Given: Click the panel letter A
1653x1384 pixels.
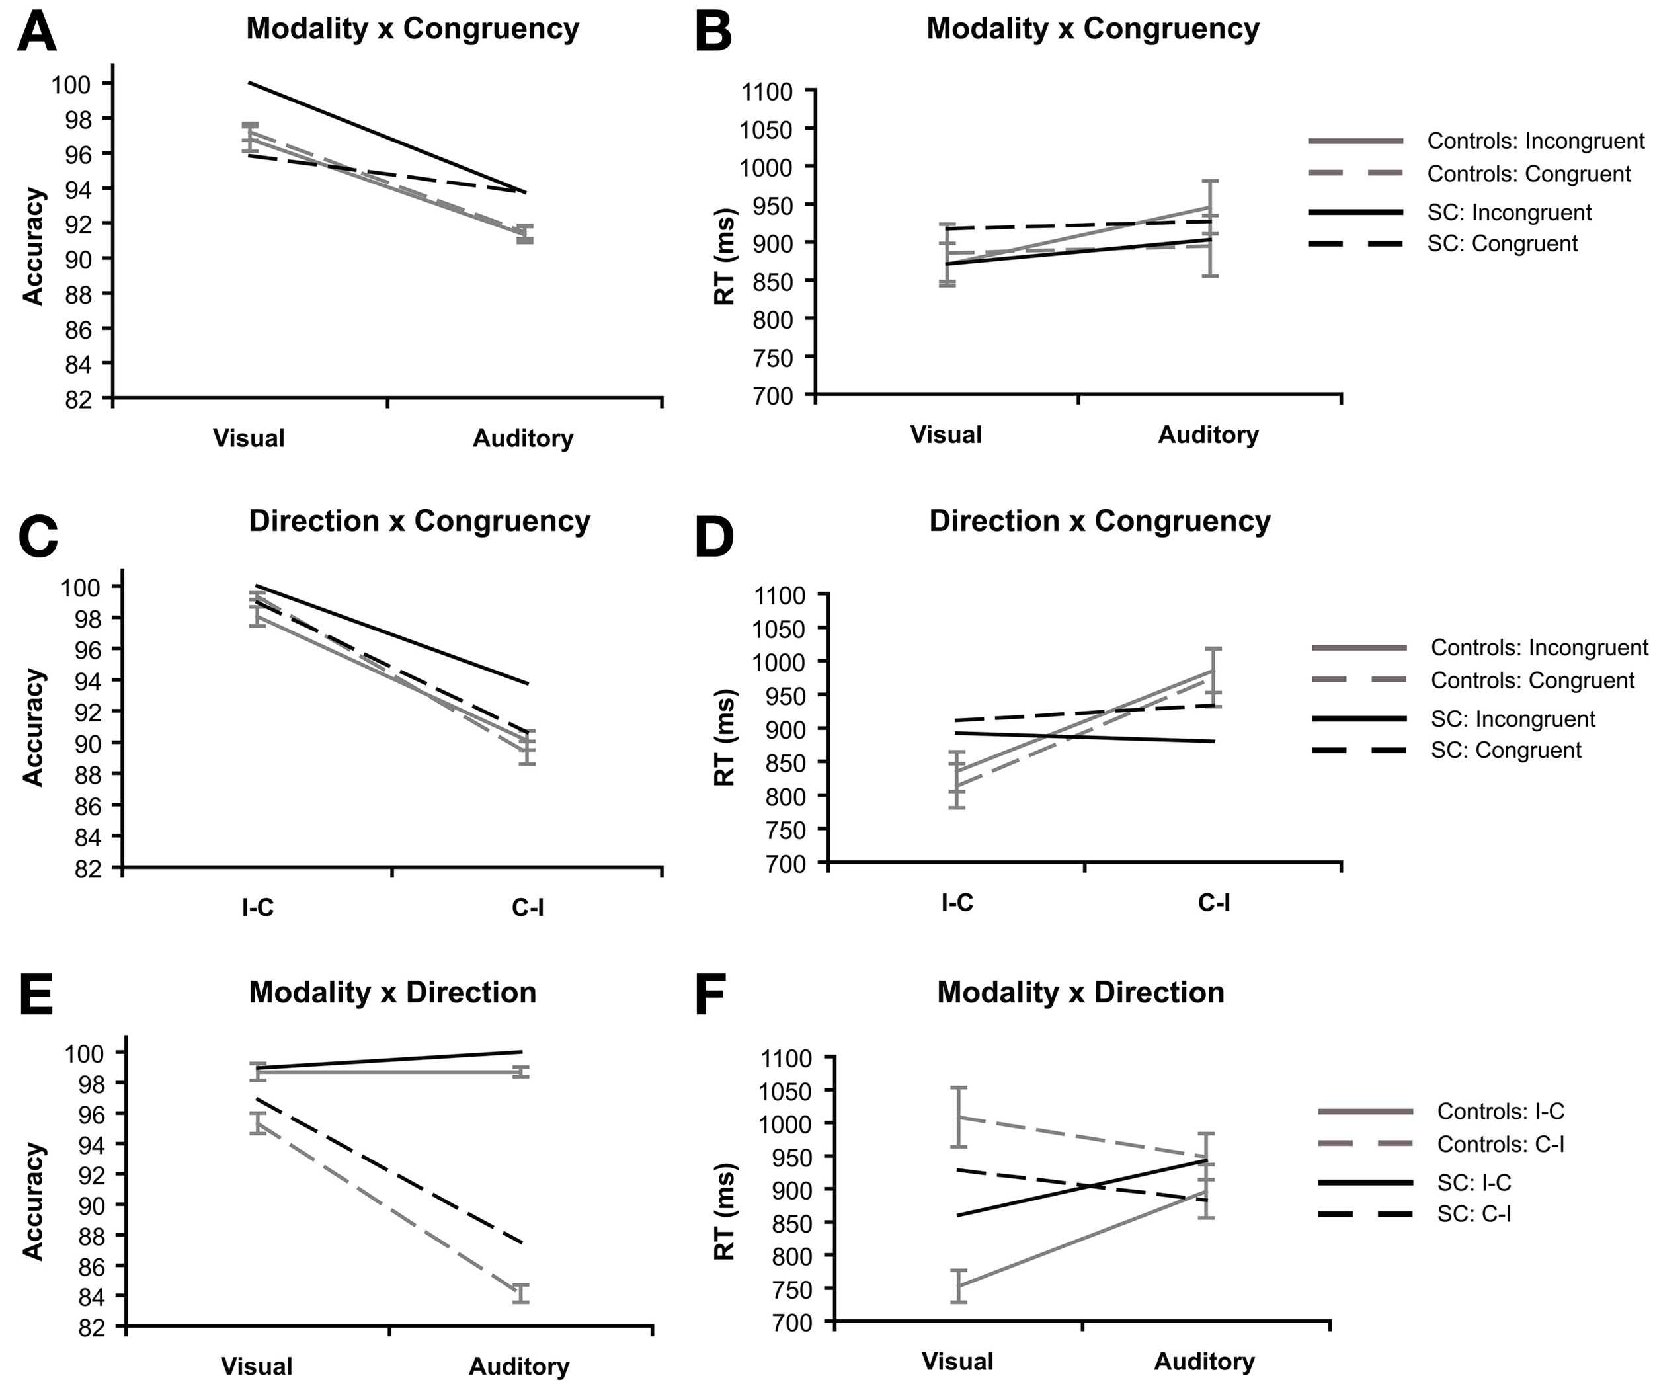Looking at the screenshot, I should pyautogui.click(x=36, y=33).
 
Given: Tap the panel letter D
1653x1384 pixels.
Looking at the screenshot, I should pyautogui.click(x=715, y=537).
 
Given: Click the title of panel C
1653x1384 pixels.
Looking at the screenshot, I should pyautogui.click(x=420, y=521).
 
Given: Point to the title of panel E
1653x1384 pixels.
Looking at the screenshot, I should pyautogui.click(x=392, y=992).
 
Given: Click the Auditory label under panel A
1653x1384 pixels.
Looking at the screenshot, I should pyautogui.click(x=522, y=438).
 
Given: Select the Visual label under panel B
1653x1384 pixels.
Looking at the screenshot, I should pyautogui.click(x=946, y=435).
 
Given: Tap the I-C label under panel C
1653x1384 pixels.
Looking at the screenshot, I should pyautogui.click(x=258, y=908).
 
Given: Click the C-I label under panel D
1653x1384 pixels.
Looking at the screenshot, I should pyautogui.click(x=1214, y=902).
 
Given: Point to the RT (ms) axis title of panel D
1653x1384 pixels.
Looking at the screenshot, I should pyautogui.click(x=724, y=739).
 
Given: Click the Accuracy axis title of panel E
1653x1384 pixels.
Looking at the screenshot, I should pyautogui.click(x=33, y=1201).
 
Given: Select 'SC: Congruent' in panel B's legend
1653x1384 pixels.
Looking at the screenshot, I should pyautogui.click(x=1502, y=243).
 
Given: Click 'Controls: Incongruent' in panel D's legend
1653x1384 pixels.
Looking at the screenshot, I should pyautogui.click(x=1539, y=647).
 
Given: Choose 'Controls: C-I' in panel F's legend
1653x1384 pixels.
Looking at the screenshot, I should pyautogui.click(x=1500, y=1144).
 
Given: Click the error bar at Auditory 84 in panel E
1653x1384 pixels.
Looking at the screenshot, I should pyautogui.click(x=521, y=1293).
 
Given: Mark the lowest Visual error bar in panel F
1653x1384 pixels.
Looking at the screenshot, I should pyautogui.click(x=958, y=1285).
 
